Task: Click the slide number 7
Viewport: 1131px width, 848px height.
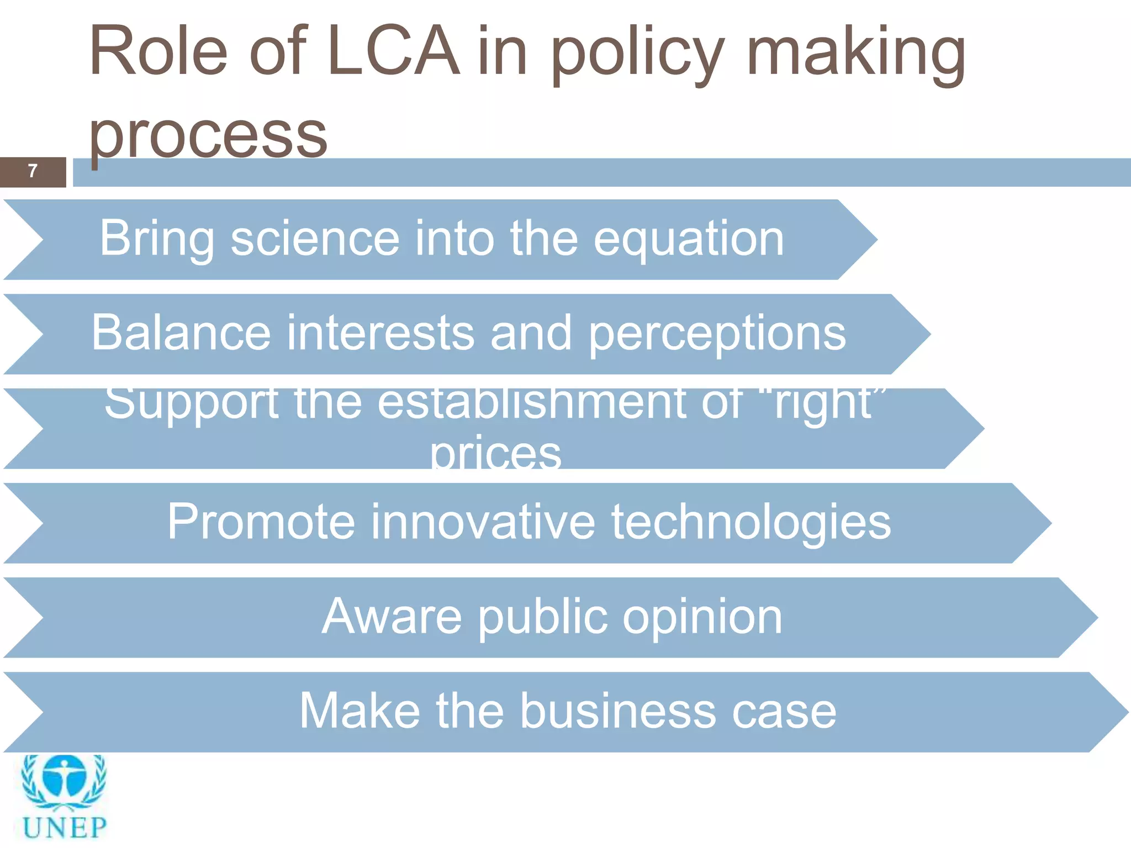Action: coord(33,171)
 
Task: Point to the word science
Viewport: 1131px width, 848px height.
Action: coord(315,239)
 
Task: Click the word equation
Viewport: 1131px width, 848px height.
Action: coord(689,240)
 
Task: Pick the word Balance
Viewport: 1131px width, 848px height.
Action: coord(181,333)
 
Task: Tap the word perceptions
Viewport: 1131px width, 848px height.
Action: coord(717,335)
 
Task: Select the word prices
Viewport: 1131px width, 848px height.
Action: coord(495,454)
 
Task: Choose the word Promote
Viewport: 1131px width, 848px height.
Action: coord(261,522)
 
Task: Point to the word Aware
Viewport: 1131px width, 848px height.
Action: coord(392,616)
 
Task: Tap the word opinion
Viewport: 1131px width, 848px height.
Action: coord(702,617)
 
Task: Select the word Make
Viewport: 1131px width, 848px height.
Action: coord(360,711)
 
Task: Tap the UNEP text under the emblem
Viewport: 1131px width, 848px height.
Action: coord(65,828)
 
